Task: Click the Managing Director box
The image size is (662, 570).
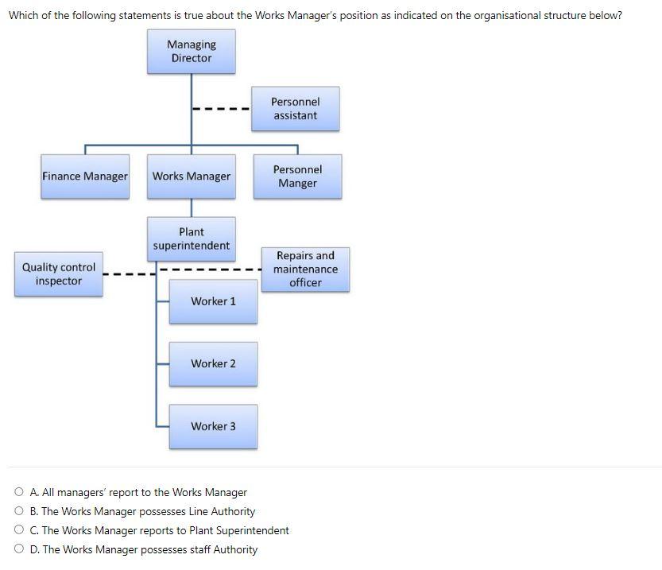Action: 191,52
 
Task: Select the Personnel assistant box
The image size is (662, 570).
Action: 295,109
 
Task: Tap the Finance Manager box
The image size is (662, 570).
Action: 85,176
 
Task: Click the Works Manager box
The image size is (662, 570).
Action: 192,176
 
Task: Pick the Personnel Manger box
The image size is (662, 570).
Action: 297,176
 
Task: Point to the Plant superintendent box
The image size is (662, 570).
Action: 192,238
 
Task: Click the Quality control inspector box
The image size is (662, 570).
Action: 58,274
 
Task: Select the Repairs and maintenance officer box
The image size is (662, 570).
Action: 305,269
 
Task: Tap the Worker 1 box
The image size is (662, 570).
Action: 213,301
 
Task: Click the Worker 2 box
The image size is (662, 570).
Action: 213,364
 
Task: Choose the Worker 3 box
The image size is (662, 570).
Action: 213,426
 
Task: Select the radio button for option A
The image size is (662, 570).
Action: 18,493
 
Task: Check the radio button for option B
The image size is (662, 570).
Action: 18,512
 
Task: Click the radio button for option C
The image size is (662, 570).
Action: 18,530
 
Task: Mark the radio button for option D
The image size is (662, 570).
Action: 18,549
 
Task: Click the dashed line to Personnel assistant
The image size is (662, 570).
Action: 221,110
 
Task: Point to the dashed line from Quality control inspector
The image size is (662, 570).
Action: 127,275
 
